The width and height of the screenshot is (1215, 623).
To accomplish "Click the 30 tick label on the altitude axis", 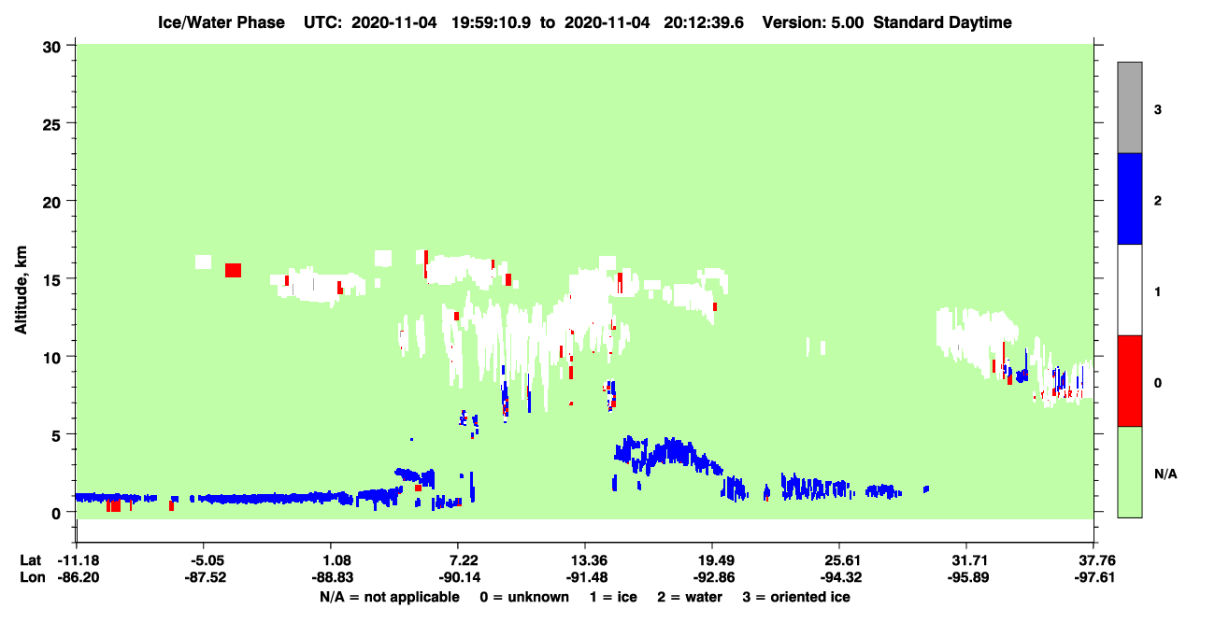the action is pos(51,48).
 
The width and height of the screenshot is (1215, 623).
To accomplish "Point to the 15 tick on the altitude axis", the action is pos(70,278).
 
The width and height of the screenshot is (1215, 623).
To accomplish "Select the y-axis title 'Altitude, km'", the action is pos(21,290).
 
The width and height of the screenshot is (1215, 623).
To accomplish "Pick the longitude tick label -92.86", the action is pos(713,577).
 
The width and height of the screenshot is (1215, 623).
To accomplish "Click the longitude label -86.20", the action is pos(79,577).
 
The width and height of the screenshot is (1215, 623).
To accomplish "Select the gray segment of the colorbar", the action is pos(1129,107).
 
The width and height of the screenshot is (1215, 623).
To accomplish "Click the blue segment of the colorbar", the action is pos(1129,198).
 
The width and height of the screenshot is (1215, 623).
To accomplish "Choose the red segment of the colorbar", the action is pos(1129,381).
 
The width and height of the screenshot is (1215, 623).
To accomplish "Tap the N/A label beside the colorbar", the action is pos(1165,474).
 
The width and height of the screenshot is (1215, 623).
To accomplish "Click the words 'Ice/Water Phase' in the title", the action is pos(222,22).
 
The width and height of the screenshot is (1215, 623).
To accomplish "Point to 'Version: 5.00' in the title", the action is pos(812,22).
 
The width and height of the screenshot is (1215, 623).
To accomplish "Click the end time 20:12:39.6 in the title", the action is pos(704,22).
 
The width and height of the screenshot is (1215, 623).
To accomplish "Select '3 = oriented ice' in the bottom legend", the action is pos(796,597).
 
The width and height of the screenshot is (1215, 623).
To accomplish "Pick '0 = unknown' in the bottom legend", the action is pos(524,597).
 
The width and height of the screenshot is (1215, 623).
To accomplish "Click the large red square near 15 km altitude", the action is pos(233,270).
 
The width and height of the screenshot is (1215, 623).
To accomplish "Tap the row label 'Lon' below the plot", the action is pos(33,577).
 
